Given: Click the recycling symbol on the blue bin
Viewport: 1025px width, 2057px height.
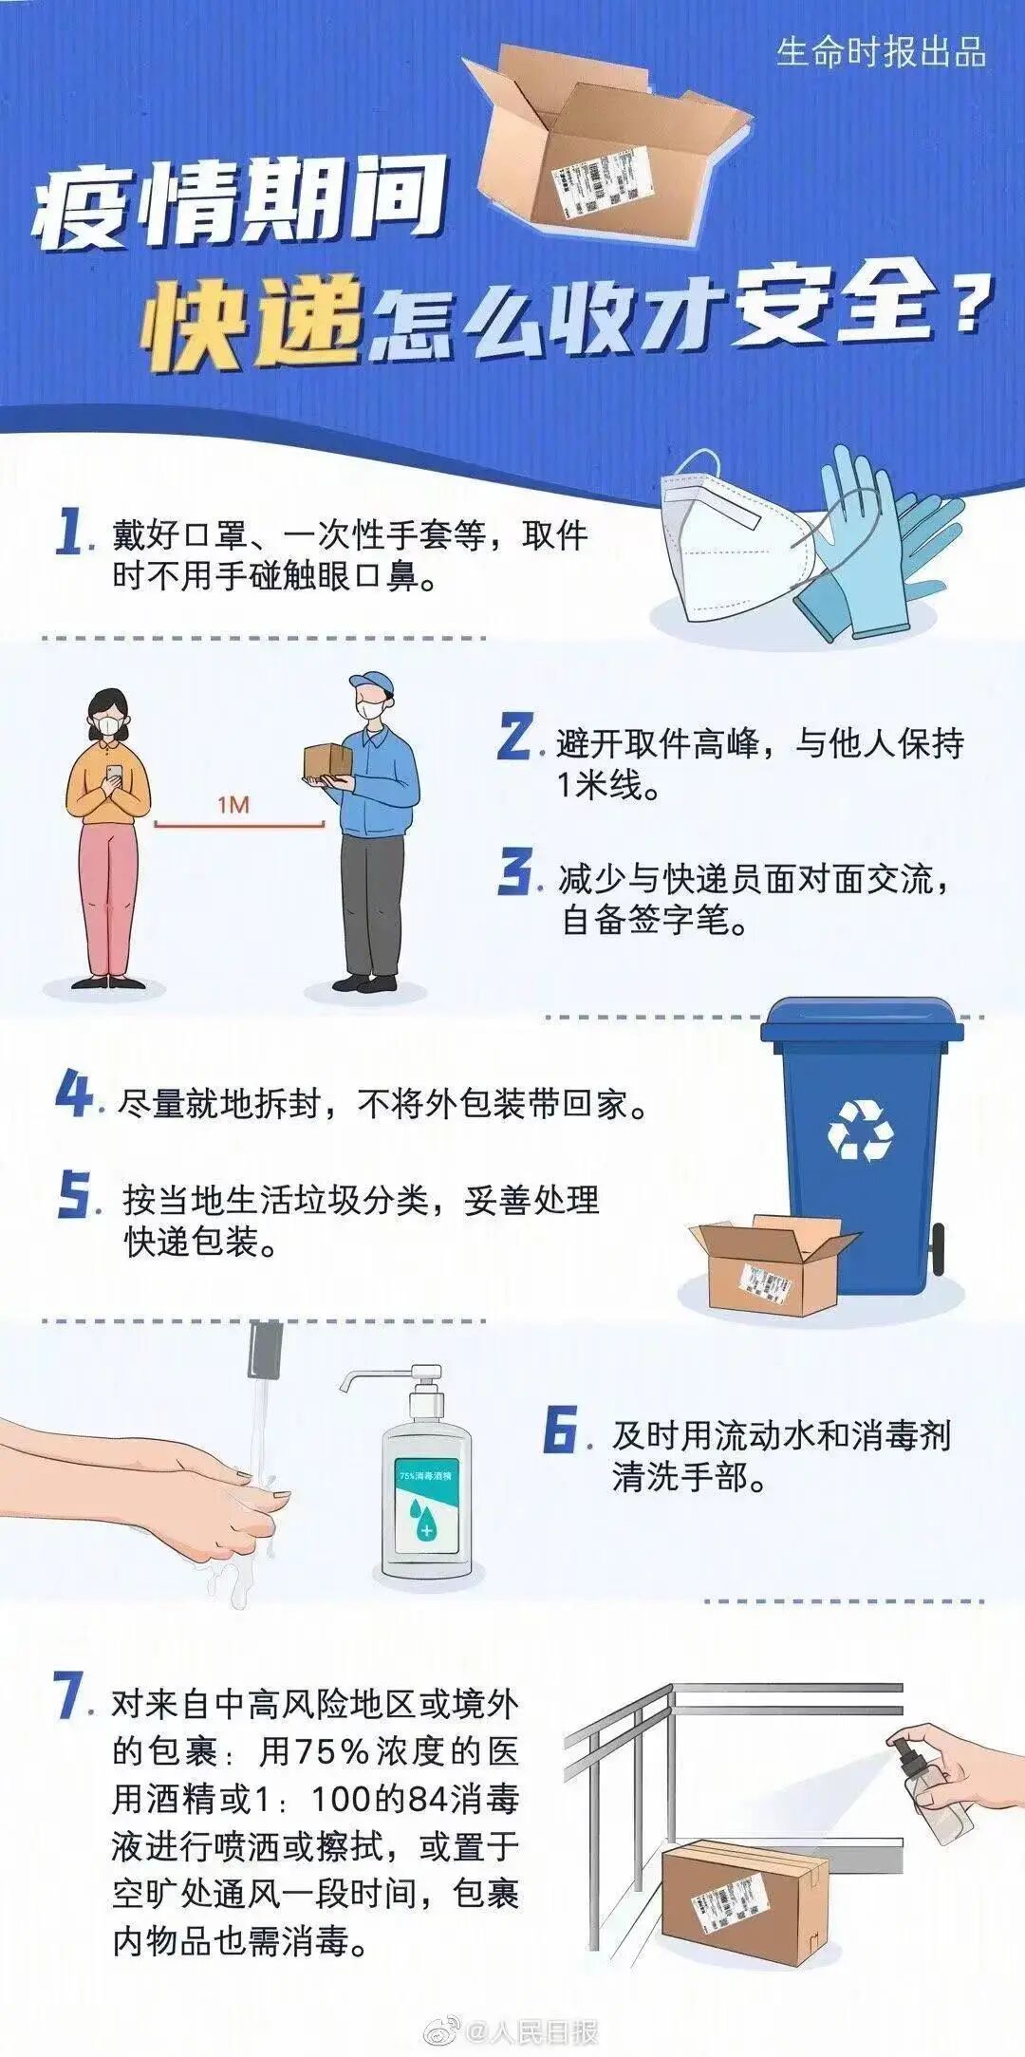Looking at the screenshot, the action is [860, 1130].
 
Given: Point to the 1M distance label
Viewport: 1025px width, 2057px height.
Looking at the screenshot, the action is [233, 806].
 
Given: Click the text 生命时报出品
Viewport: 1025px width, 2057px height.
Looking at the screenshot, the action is [881, 51].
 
